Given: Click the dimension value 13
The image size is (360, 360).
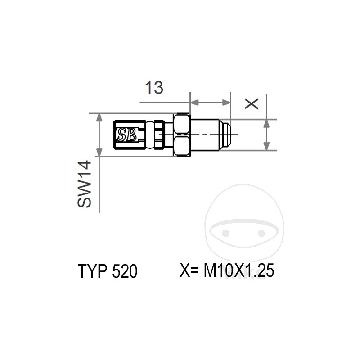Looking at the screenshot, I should (x=154, y=88).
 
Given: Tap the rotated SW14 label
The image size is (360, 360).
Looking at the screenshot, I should (x=84, y=184).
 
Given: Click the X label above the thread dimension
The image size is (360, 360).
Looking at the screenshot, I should (x=253, y=103).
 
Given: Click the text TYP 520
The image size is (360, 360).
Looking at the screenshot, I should (x=107, y=272).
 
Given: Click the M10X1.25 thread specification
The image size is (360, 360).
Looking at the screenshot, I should (x=239, y=271).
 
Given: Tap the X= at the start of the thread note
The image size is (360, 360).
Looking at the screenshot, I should (x=190, y=271).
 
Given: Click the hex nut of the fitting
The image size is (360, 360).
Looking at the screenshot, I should (x=182, y=135).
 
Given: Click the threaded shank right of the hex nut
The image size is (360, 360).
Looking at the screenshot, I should (x=205, y=135).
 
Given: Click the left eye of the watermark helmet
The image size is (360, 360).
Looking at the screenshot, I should (x=226, y=233).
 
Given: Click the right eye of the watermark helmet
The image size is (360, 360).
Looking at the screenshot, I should (x=261, y=233).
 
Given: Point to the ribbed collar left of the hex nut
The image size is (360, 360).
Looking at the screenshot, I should (x=159, y=135).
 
